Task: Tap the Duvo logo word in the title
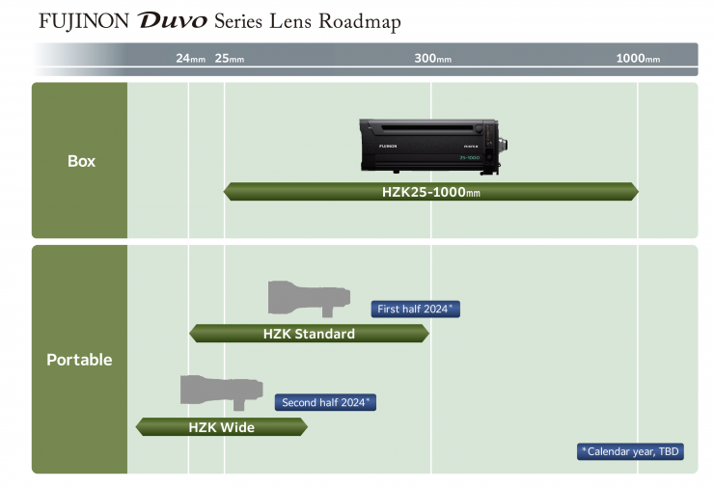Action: (x=173, y=21)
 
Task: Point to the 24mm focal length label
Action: (x=190, y=59)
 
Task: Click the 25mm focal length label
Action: (x=229, y=59)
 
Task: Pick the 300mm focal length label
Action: (x=432, y=59)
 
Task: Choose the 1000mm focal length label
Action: (x=638, y=59)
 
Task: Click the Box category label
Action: (x=81, y=161)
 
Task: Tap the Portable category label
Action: (x=79, y=360)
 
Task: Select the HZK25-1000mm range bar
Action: (x=430, y=192)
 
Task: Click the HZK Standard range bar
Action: (x=309, y=334)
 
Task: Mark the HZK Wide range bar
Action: (x=221, y=426)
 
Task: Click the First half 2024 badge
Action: (x=415, y=309)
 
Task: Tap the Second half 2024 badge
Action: (x=325, y=402)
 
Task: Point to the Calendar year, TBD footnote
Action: (x=631, y=451)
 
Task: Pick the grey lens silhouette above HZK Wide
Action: (x=221, y=390)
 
